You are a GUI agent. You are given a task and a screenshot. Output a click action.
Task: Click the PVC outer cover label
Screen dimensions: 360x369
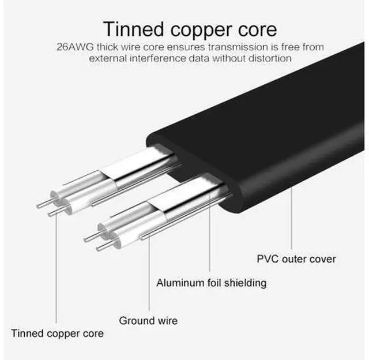[x=296, y=258]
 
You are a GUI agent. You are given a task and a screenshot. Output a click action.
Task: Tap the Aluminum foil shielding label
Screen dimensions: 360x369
[x=212, y=283]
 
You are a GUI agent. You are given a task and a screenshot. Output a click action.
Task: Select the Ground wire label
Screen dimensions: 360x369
[x=148, y=320]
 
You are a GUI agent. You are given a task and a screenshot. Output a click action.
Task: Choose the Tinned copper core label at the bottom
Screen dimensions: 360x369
[x=58, y=333]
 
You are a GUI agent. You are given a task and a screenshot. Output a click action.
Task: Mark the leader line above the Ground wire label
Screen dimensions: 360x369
[x=151, y=271]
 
